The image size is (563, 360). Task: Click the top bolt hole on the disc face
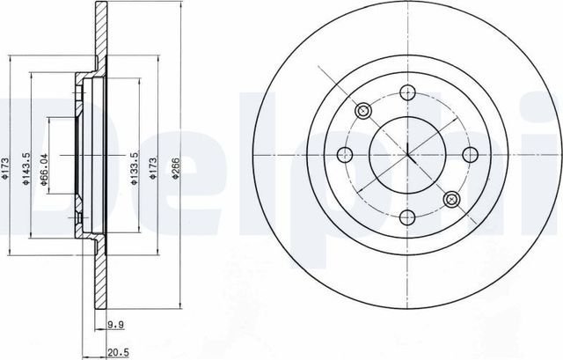click(x=407, y=92)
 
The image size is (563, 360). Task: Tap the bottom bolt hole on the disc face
click(x=407, y=218)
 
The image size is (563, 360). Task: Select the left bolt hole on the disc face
click(x=344, y=155)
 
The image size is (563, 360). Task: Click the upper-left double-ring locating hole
click(x=362, y=111)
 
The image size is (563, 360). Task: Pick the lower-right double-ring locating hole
click(x=451, y=199)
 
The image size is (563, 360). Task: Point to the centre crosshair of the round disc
click(x=407, y=155)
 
